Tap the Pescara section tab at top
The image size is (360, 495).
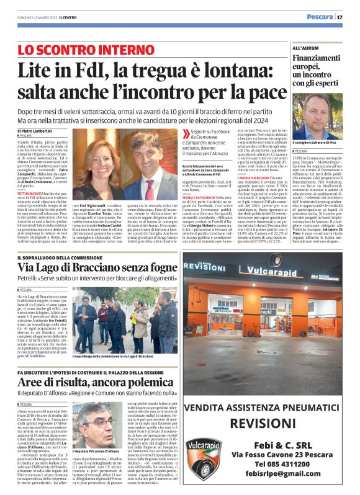click(x=320, y=17)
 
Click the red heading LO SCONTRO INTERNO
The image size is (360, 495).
click(x=86, y=49)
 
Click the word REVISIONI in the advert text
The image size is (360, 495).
click(x=262, y=423)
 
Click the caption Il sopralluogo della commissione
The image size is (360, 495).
click(x=112, y=357)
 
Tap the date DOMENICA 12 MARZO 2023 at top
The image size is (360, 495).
click(x=30, y=17)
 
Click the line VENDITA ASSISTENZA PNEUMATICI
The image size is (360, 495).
click(x=262, y=408)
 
